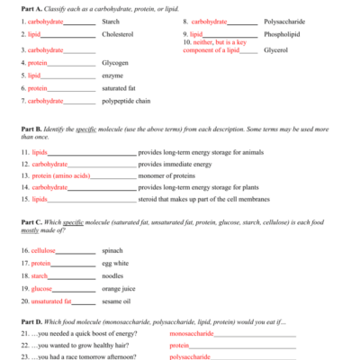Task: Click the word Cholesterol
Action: (117, 33)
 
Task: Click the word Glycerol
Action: (275, 49)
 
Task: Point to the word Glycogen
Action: (115, 63)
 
